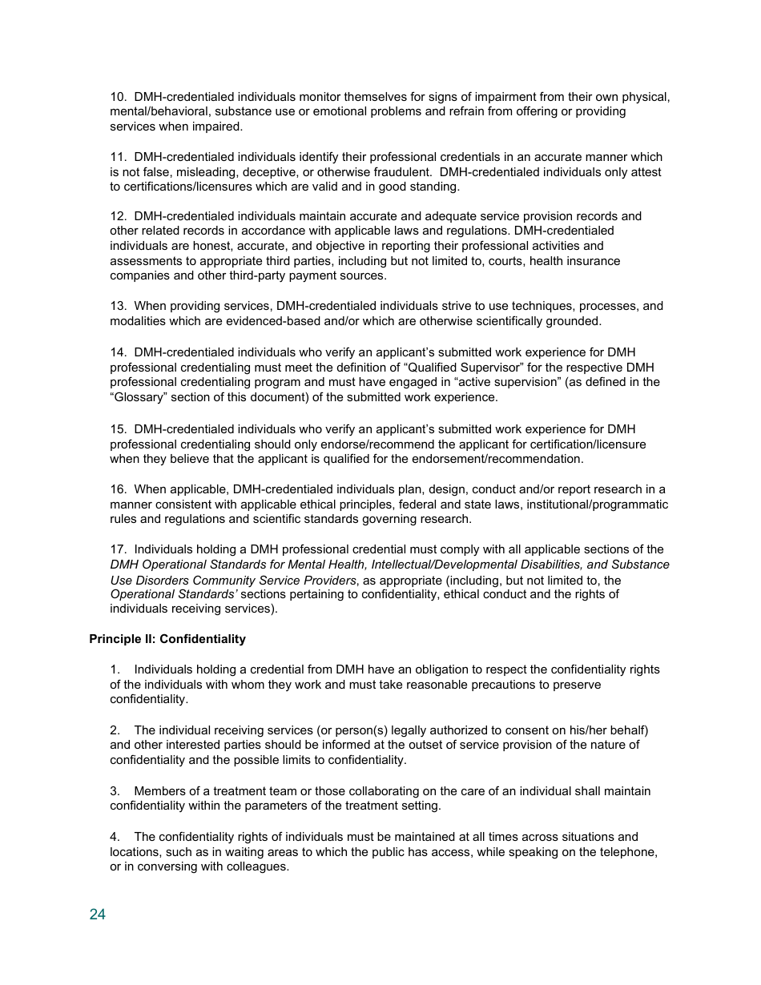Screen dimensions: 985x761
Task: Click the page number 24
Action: click(97, 915)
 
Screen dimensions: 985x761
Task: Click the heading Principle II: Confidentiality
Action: click(167, 639)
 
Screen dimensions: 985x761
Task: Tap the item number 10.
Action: click(118, 97)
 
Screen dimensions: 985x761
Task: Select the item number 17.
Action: click(118, 549)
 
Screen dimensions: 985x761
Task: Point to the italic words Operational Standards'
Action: click(173, 594)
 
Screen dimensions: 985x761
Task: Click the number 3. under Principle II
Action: click(115, 791)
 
